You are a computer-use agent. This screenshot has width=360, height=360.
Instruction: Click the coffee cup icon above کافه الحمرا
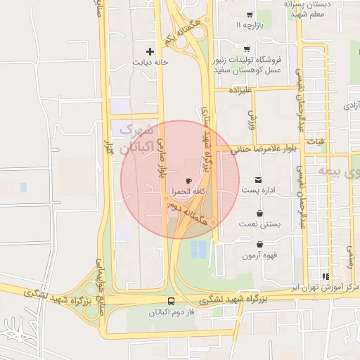[188, 181]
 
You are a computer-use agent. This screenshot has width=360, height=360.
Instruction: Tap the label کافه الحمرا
[188, 192]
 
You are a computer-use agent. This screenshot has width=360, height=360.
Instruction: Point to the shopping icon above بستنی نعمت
[260, 213]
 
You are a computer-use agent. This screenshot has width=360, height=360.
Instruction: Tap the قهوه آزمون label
[259, 255]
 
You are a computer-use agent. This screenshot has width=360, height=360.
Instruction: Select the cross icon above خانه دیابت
[150, 51]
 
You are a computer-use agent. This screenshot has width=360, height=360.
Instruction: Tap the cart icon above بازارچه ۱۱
[249, 15]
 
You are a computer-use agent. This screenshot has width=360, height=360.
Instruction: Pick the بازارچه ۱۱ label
[248, 26]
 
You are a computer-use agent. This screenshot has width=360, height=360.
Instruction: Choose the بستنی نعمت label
[259, 224]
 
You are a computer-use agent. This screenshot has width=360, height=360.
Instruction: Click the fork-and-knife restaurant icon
[325, 277]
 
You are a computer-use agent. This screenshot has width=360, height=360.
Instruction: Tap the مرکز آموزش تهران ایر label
[326, 289]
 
